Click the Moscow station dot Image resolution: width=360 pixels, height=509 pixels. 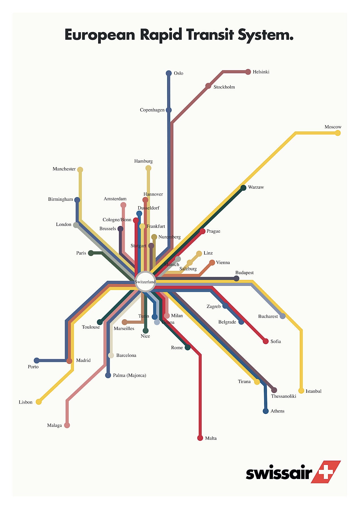337,133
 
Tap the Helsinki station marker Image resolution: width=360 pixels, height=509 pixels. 248,72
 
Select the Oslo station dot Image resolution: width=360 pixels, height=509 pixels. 169,73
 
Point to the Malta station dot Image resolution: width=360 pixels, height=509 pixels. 200,438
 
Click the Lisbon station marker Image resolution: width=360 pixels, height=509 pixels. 39,402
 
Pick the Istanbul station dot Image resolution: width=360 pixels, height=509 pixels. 301,391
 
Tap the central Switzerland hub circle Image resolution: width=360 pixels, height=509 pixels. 145,282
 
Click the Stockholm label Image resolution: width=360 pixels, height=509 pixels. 224,87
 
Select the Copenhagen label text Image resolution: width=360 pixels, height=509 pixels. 152,110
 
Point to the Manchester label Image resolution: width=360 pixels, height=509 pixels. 64,169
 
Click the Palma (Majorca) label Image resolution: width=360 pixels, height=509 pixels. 130,376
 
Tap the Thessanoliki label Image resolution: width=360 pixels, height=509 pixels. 283,396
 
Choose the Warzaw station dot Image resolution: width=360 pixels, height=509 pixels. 243,188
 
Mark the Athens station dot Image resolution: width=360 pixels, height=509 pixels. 266,411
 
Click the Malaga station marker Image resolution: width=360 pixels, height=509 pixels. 67,425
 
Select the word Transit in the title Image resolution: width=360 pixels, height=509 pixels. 210,35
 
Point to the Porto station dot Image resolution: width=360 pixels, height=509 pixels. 36,361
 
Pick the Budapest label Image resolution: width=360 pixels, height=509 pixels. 244,273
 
